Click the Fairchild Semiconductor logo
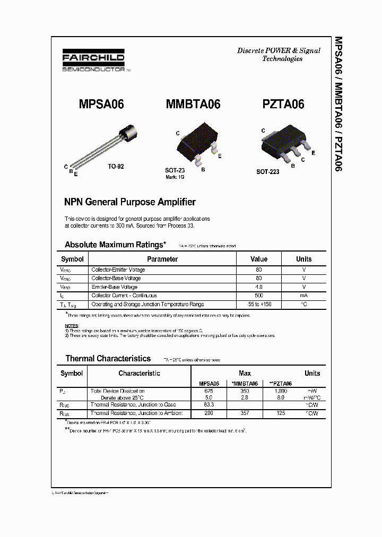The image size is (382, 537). coord(94,61)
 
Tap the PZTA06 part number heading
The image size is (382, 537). coord(283,104)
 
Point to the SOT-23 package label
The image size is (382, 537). coord(175,170)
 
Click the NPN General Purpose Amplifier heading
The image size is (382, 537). coord(130,202)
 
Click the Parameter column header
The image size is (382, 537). coord(162,259)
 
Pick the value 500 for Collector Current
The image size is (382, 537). coord(259,296)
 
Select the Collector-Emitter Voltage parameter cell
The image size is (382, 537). coord(118,270)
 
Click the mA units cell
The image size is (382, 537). coord(303,296)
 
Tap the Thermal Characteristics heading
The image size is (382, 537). coord(108,358)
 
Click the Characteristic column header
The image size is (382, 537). coord(139,374)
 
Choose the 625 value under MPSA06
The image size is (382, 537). coord(209,391)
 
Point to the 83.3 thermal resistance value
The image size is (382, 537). coord(209,405)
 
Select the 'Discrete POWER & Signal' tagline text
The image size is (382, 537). coord(279,51)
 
